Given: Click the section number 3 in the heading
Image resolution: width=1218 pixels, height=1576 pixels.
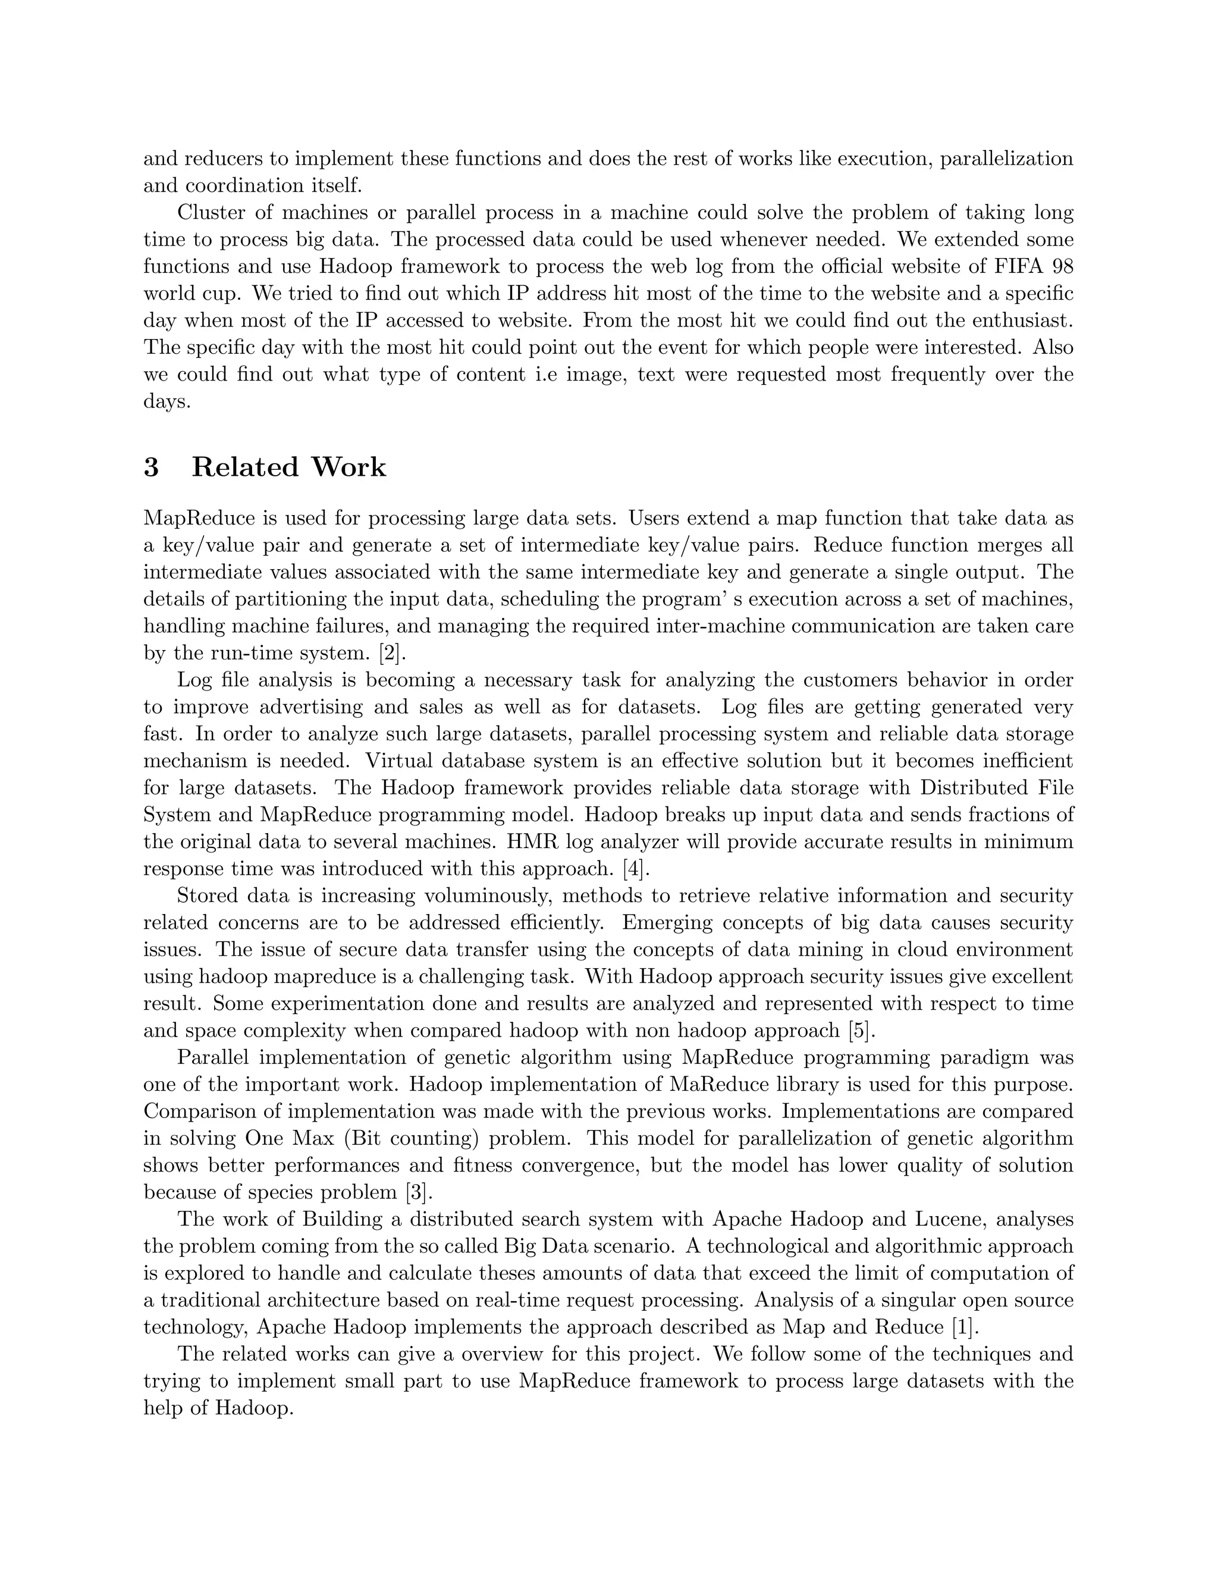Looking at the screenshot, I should [151, 467].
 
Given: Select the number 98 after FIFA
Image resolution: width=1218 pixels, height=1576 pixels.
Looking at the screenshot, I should [1062, 266].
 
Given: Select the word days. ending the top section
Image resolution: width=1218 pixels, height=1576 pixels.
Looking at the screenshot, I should [167, 402].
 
